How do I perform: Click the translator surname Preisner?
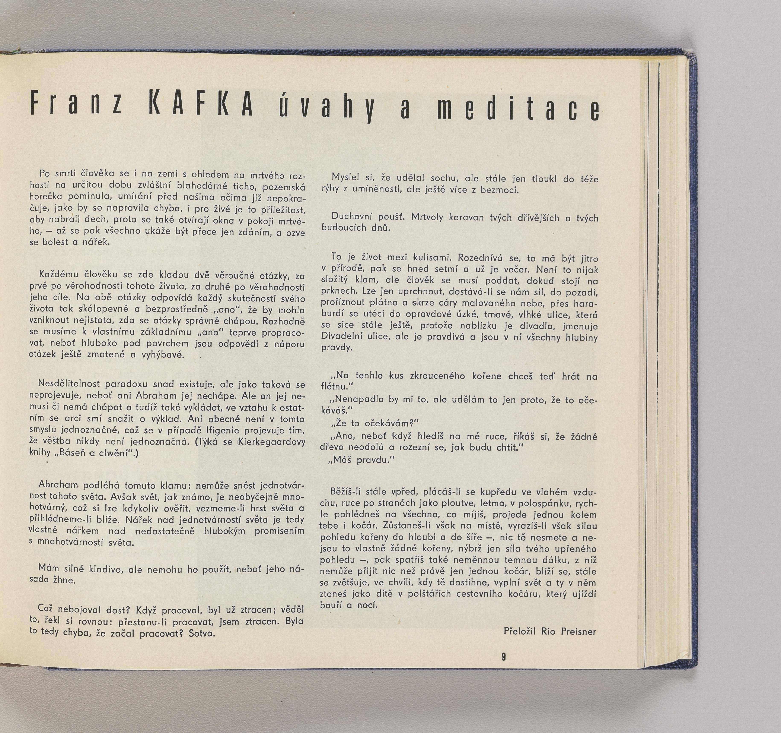(578, 632)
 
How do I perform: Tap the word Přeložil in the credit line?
(520, 632)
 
